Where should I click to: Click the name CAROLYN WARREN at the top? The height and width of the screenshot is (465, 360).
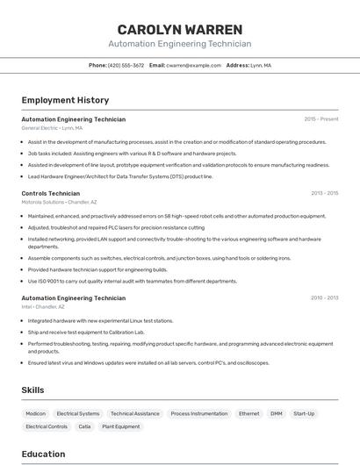click(x=179, y=29)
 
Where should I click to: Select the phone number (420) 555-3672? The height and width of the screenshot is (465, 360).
click(x=126, y=65)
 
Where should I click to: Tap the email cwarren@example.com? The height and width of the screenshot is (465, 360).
click(x=194, y=65)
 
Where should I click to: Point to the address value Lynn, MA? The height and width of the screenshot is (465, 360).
click(x=261, y=65)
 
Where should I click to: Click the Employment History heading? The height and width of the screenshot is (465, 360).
click(x=65, y=100)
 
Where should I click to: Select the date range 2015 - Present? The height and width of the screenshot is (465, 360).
click(x=320, y=119)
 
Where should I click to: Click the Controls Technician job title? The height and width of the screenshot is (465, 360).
click(x=50, y=193)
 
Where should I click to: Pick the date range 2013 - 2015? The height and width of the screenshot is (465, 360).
click(x=324, y=193)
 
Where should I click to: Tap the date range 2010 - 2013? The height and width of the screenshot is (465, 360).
click(x=324, y=298)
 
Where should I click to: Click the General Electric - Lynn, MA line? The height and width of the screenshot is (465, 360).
click(x=52, y=128)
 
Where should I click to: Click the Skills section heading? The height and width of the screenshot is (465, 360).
click(x=32, y=390)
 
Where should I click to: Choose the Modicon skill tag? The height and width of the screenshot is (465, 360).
click(x=35, y=413)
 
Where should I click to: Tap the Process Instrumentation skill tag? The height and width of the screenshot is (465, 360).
click(x=199, y=413)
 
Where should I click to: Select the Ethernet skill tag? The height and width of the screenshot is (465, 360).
click(x=249, y=413)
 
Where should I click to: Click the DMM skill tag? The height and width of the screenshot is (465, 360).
click(x=277, y=413)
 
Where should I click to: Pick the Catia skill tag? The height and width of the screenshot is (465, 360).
click(x=84, y=426)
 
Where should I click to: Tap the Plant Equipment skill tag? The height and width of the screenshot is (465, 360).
click(x=121, y=426)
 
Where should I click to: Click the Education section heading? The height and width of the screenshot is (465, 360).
click(x=43, y=454)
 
